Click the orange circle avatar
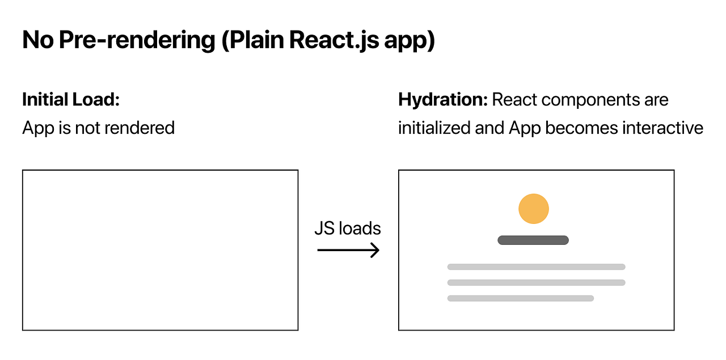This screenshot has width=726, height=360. [534, 209]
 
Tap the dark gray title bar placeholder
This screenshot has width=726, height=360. [533, 240]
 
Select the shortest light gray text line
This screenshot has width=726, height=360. [520, 298]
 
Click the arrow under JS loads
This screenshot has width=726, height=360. [348, 250]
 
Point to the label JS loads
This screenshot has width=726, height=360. [348, 228]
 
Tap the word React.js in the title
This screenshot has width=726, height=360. [332, 41]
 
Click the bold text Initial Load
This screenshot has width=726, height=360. [71, 100]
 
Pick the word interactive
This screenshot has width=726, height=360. [663, 128]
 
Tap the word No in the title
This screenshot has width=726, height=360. [37, 41]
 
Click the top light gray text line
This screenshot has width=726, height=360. [536, 266]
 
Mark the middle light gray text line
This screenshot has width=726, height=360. [536, 282]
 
